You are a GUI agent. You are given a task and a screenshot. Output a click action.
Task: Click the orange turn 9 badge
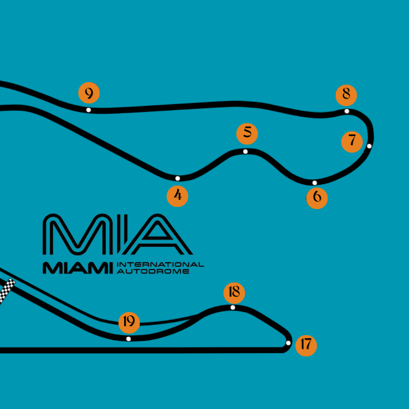pos(89,93)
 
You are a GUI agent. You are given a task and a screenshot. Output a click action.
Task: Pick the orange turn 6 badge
pos(317,198)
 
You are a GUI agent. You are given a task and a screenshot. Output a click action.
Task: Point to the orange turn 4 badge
pos(178,196)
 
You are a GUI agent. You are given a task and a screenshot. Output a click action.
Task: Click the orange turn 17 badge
pos(306,345)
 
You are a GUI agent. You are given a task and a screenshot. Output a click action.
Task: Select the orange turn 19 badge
pos(129,322)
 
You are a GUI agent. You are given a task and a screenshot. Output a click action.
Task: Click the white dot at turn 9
pos(88,110)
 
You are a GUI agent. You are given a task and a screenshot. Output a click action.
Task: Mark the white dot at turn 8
pos(347,111)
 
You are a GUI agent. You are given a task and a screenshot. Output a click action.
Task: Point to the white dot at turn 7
pos(369,146)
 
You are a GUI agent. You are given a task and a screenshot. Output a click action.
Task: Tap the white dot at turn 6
pos(315,183)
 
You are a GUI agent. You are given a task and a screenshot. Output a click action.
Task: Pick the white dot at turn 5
pos(245,151)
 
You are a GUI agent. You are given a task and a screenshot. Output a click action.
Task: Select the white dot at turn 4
pos(178,178)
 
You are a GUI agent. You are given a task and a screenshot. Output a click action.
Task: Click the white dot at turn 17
pos(288,343)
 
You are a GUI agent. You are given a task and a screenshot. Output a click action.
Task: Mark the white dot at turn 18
pos(233,307)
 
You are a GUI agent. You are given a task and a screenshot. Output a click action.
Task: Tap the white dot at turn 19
pos(128,339)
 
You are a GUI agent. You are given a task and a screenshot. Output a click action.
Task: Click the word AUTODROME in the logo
pos(153,271)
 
